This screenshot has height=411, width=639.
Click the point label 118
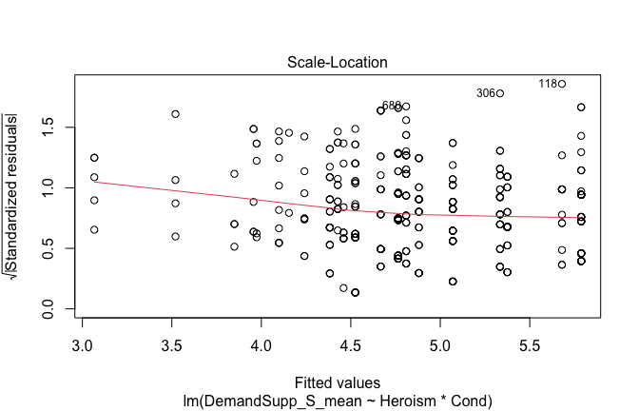click(x=548, y=84)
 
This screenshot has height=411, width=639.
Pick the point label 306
click(x=486, y=93)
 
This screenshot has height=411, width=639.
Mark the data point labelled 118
click(x=562, y=84)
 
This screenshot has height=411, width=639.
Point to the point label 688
click(x=391, y=106)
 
